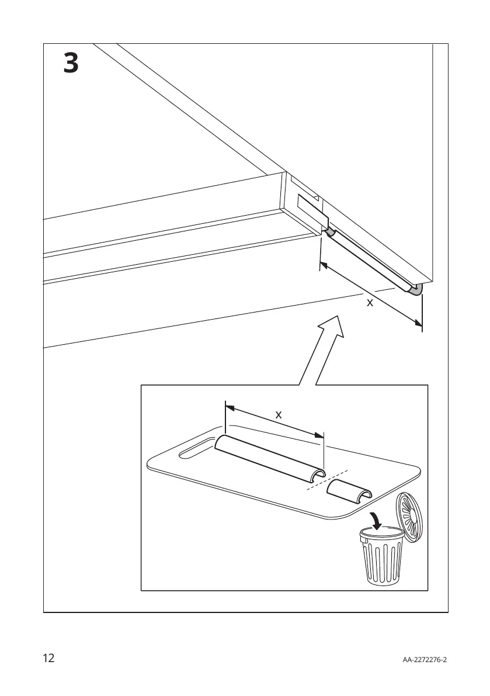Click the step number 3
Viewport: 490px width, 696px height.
71,63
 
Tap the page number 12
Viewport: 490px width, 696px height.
48,659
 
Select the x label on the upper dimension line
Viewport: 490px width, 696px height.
369,303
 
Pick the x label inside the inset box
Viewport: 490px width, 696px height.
279,414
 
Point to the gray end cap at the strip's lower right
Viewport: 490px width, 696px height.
416,290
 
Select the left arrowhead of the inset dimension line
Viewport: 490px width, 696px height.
229,408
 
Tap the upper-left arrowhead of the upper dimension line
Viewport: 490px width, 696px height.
324,266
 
